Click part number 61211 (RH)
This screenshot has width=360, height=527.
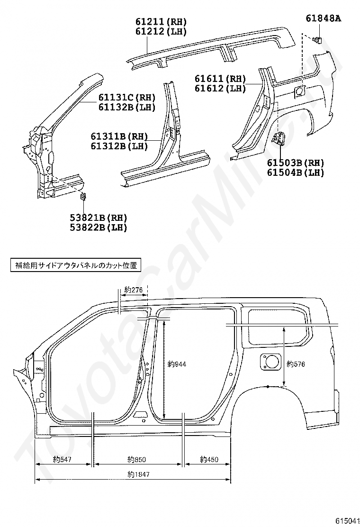161,22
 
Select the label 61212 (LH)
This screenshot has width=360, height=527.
161,32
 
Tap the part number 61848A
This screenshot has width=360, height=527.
324,18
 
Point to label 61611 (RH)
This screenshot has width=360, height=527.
220,79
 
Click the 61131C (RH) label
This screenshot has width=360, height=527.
127,98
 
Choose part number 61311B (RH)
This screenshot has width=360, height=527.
119,137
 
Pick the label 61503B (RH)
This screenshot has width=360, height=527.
295,163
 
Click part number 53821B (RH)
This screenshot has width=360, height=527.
99,218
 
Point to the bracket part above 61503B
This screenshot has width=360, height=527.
278,138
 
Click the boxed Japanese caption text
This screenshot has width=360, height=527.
75,265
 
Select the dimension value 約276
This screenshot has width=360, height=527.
133,290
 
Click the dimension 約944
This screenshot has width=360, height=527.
177,364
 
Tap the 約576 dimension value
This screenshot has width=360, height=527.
296,364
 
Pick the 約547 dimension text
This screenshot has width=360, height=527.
63,459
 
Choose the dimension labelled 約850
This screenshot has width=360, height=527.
137,459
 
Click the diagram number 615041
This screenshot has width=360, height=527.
347,520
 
